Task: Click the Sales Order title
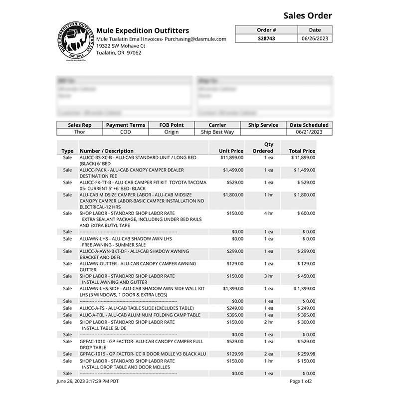pos(307,15)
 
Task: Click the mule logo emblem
pos(75,41)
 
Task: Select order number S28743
pos(266,38)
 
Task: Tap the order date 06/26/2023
pos(315,38)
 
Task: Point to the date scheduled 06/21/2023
pos(309,132)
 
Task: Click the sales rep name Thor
pos(80,132)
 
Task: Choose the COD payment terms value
pos(126,132)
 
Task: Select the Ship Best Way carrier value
pos(217,132)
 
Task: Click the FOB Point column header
pos(171,125)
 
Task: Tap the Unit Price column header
pos(231,151)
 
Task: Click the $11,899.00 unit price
pos(232,158)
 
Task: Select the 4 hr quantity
pos(269,213)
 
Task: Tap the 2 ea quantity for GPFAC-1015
pos(269,354)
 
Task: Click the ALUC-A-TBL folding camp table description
pos(140,315)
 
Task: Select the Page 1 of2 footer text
pos(301,382)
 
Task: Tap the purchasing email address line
pos(161,39)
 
